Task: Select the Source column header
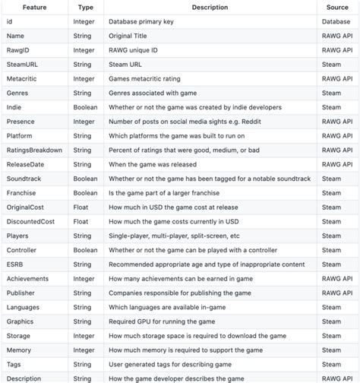337,7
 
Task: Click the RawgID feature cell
18,49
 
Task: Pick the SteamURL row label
22,64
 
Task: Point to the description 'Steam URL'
126,64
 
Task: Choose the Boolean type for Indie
85,107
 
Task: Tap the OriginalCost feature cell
26,207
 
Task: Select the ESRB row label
15,264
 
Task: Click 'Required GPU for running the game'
163,321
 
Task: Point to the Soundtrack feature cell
24,179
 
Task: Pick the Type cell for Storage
84,336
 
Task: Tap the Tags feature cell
14,364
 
